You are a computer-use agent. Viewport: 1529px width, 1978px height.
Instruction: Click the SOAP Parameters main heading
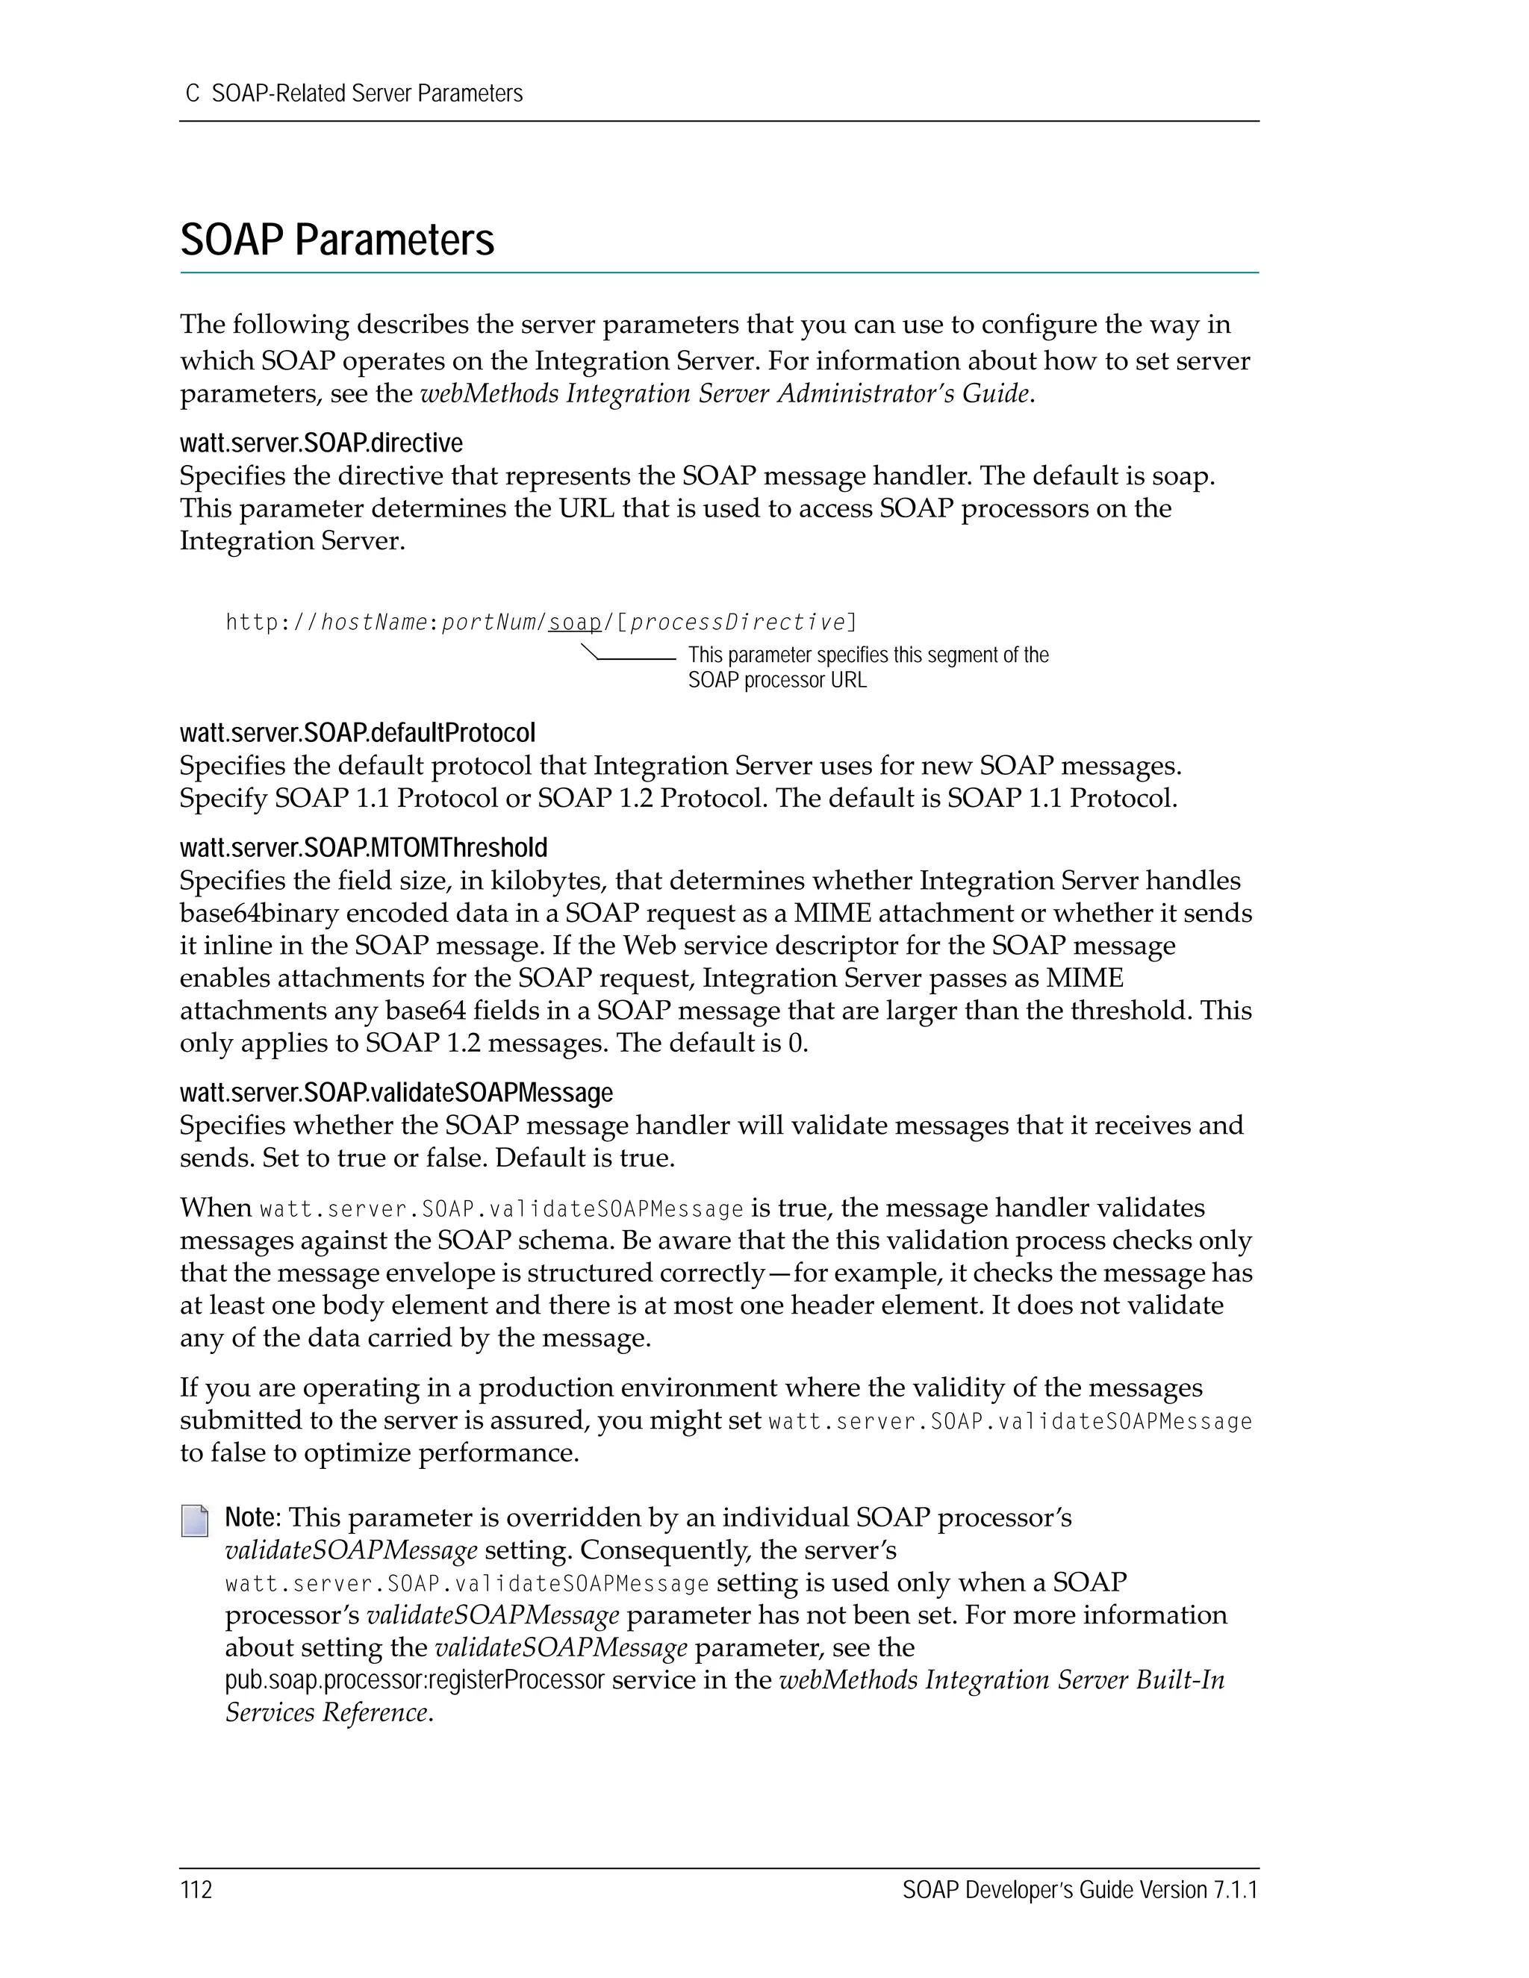pyautogui.click(x=337, y=240)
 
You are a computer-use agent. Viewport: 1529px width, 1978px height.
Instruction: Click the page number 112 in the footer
pyautogui.click(x=196, y=1890)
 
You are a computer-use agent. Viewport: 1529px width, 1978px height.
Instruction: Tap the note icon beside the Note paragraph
pyautogui.click(x=194, y=1521)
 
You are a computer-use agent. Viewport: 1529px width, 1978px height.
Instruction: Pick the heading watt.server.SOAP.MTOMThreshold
pyautogui.click(x=364, y=848)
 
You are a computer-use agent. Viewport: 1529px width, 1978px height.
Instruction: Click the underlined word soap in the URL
pyautogui.click(x=575, y=623)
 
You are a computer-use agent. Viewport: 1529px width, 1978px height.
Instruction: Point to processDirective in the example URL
pyautogui.click(x=736, y=623)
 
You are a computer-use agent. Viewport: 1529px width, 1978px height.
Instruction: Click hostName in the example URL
pyautogui.click(x=374, y=623)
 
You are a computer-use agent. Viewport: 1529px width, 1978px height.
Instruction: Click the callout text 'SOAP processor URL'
pyautogui.click(x=776, y=680)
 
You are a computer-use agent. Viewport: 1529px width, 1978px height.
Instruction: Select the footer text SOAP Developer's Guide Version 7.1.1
pyautogui.click(x=1080, y=1890)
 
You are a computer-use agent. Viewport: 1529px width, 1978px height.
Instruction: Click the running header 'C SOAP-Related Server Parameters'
pyautogui.click(x=353, y=93)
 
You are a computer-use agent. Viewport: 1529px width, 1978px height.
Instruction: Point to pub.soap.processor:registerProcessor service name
pyautogui.click(x=414, y=1680)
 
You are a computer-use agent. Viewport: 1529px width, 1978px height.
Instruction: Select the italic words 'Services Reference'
pyautogui.click(x=326, y=1712)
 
